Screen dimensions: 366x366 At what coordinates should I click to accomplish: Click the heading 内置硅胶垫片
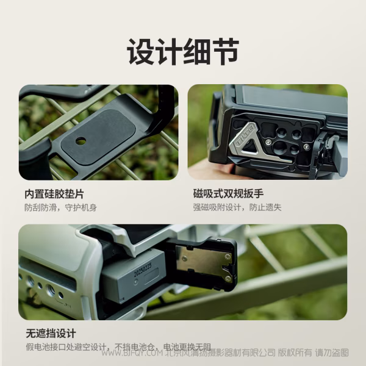tap(54, 194)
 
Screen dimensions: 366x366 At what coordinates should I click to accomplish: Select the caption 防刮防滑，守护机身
tap(60, 207)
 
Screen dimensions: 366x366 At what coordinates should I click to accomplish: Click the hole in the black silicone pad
tap(81, 142)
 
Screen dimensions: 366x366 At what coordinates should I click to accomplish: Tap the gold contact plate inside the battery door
tap(203, 262)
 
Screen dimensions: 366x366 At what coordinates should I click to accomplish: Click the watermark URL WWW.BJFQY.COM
tap(131, 353)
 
